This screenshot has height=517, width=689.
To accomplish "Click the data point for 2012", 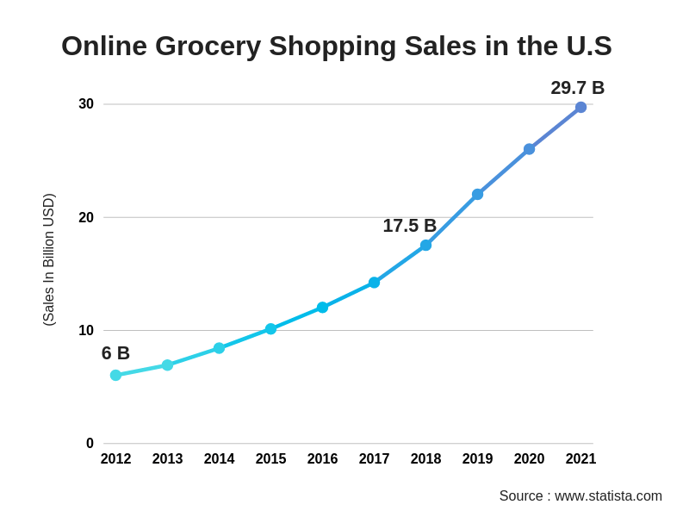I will point(115,376).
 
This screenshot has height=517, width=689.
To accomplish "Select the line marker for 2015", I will point(270,329).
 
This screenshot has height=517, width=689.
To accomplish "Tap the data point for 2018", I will point(425,246).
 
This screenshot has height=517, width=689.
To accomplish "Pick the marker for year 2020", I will point(529,149).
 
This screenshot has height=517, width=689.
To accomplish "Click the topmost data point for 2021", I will point(580,108).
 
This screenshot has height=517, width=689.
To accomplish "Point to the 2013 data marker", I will point(167,365).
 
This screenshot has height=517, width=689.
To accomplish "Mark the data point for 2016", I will point(322,308).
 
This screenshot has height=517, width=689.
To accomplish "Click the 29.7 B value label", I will point(577,88).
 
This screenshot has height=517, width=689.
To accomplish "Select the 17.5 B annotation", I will point(409,226).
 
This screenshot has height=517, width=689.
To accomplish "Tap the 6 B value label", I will point(115,353).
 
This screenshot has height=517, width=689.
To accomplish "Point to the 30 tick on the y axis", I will point(86,104).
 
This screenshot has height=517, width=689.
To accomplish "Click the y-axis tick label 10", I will point(86,331).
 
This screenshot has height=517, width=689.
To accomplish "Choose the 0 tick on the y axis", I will point(90,444).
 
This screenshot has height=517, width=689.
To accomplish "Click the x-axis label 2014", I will point(219,459).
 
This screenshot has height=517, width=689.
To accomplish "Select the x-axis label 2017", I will point(374,459).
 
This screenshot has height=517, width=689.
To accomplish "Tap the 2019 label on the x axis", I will point(477,459).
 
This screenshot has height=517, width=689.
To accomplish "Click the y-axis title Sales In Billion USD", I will point(49,259).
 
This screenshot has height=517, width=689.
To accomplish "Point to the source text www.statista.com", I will point(608,496).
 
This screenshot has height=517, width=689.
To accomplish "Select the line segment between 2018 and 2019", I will point(451,220).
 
